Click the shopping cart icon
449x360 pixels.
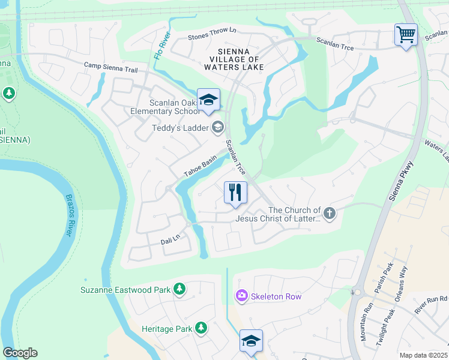tap(406, 34)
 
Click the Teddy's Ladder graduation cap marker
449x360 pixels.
tap(217, 127)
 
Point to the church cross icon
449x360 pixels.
tap(329, 213)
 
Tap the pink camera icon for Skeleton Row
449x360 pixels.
tap(241, 296)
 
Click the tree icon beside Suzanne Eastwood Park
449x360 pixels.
tap(179, 290)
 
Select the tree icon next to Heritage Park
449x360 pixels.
tap(201, 328)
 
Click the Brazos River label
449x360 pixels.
tap(69, 215)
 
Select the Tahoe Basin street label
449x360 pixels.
tap(200, 167)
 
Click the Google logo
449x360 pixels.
tap(20, 353)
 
